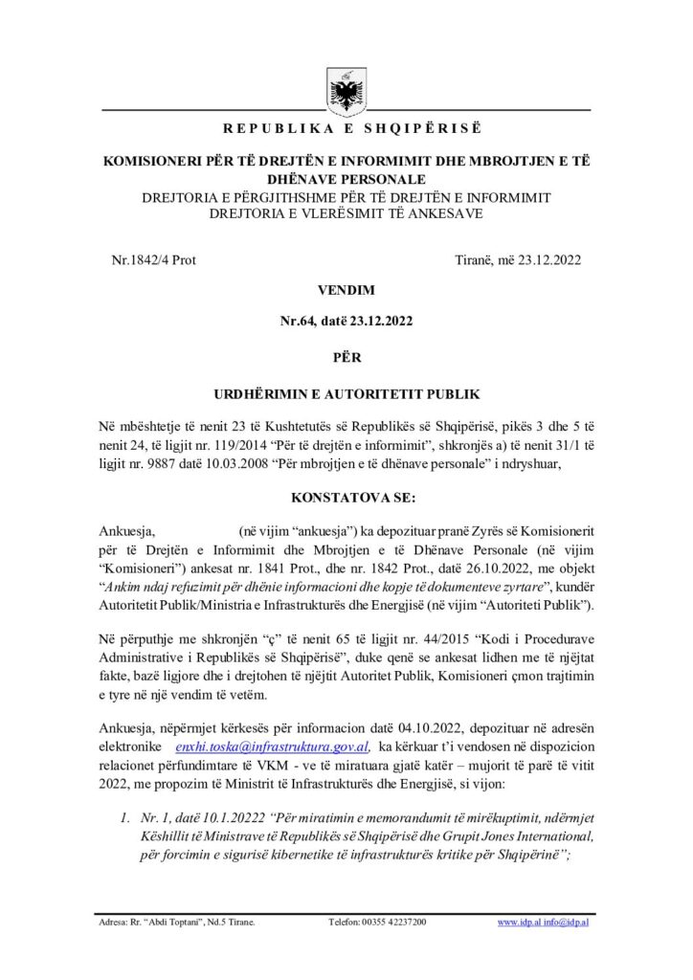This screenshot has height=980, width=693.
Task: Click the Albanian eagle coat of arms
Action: [x=346, y=90]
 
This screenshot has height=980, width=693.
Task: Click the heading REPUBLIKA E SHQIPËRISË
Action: [x=346, y=128]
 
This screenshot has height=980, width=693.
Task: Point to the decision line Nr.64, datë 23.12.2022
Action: [x=346, y=322]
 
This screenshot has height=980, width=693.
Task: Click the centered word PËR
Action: [x=346, y=355]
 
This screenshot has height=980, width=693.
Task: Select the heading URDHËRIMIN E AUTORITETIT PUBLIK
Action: [x=346, y=392]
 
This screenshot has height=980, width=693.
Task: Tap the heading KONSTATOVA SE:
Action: [x=346, y=498]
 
